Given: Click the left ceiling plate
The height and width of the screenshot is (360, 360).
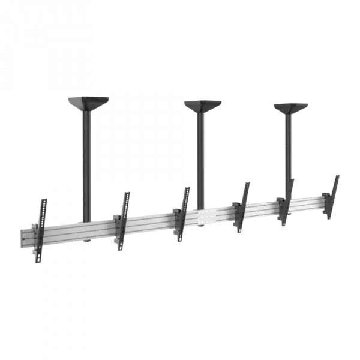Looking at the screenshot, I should point(87,103).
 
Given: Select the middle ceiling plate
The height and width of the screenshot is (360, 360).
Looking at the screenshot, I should point(202,106).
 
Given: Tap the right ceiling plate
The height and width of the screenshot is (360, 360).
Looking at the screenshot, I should point(290,108).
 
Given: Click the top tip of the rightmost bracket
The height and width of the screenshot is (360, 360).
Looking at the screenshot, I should point(338,175).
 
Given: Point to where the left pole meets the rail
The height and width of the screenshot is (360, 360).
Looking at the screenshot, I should point(88,221).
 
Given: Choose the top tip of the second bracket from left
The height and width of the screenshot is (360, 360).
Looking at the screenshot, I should point(127,193).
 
